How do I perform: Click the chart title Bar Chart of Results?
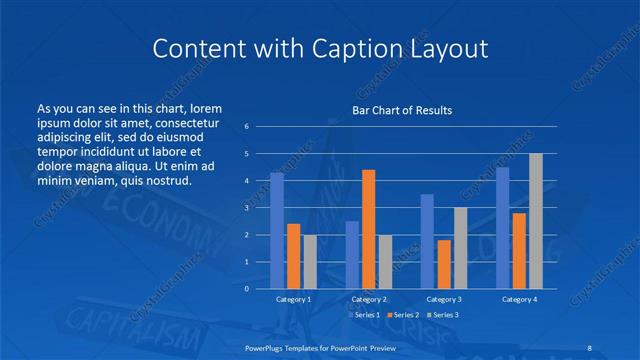point(401,110)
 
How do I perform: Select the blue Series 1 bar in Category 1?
point(277,230)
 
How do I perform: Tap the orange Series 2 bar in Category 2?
point(368,229)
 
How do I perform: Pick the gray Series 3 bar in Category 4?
point(536,220)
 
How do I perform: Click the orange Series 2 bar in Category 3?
point(444,264)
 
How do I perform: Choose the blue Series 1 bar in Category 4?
point(502,227)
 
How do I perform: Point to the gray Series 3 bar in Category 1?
point(309,261)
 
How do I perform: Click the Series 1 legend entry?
point(365,315)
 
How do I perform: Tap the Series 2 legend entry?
point(403,315)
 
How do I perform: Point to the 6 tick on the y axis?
point(247,127)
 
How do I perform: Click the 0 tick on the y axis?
point(247,288)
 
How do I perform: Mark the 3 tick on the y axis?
point(247,208)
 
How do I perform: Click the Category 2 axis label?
point(368,299)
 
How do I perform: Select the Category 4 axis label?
point(519,299)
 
